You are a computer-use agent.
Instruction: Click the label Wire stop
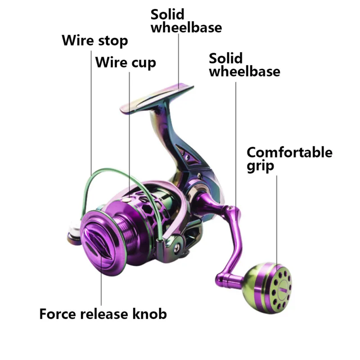tap(95, 41)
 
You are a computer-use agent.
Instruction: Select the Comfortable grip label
tap(289, 159)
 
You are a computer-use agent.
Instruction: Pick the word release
tap(103, 313)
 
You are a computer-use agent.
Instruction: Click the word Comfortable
tap(289, 153)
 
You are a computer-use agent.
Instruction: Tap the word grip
tap(260, 166)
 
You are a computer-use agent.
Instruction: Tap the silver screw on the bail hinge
tap(179, 246)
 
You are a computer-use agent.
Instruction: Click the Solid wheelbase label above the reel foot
tap(186, 21)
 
